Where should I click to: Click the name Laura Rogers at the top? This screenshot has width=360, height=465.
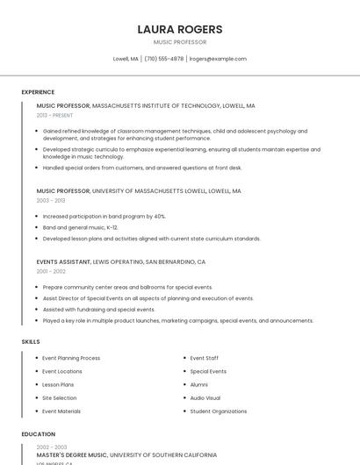pos(180,29)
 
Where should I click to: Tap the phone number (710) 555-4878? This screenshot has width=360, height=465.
pos(164,59)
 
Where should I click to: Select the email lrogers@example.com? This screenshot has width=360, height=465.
pos(218,59)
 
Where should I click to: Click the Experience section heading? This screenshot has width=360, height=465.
pos(38,92)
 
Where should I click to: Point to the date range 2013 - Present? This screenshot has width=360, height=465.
pos(54,115)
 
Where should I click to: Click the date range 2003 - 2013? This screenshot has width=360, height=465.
pos(51,200)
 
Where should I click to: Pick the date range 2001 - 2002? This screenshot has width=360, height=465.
pos(51,271)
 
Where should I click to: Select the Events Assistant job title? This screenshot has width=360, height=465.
pos(63,261)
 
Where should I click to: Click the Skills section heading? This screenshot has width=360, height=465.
pos(31,341)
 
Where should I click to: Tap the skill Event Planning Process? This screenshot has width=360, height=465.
pos(71,358)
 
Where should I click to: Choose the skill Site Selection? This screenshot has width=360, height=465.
pos(60,398)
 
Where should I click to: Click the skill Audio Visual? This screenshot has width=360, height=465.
pos(205,398)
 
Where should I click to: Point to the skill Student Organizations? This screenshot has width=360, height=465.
pos(219,411)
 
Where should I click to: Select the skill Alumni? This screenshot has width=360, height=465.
pos(199,385)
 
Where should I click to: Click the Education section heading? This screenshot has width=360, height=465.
pos(38,434)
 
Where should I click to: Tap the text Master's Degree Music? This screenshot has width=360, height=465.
pos(72,455)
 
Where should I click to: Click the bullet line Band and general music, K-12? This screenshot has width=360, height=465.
pos(80,227)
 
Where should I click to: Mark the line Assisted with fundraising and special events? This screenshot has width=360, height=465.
pos(98,310)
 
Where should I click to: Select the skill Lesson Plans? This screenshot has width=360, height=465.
pos(58,385)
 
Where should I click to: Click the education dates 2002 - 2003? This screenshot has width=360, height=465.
pos(51,447)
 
